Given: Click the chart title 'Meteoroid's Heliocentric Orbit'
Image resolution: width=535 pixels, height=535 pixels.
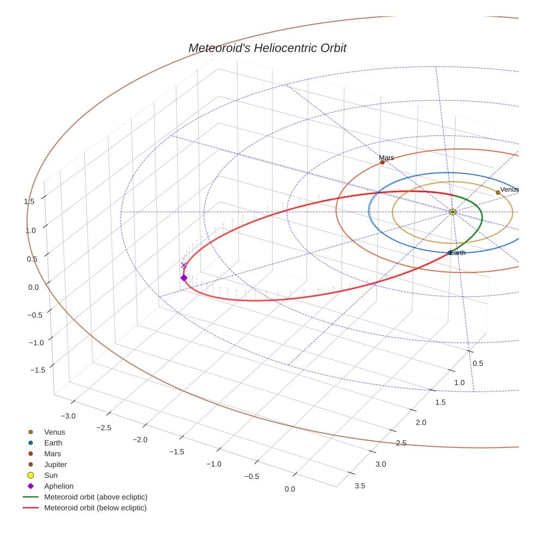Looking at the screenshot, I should click(x=267, y=48).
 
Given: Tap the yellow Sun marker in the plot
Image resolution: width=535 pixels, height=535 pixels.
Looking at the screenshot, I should click(x=452, y=211).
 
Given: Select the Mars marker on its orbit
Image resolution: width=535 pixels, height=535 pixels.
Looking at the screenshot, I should click(x=382, y=162).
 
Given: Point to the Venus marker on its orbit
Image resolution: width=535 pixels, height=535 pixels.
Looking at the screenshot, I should click(x=497, y=192).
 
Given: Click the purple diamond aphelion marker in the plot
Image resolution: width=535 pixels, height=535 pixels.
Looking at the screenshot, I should click(x=184, y=278).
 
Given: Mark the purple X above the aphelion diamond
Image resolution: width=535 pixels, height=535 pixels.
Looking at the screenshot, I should click(x=184, y=265).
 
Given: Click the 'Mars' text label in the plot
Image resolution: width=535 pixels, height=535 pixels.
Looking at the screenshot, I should click(x=387, y=158).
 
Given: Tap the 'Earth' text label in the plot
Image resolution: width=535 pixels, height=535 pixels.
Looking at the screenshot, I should click(x=458, y=253).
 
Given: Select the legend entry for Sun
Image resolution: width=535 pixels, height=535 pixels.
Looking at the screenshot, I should click(x=51, y=475).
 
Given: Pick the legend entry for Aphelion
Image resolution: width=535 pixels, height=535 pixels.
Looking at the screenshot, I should click(x=59, y=486).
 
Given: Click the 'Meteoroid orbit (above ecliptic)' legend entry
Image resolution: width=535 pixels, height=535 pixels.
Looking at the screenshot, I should click(x=96, y=497).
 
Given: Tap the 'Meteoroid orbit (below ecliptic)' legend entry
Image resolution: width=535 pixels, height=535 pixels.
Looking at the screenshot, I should click(x=96, y=508).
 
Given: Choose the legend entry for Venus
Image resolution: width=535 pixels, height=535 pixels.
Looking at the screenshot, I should click(x=54, y=432).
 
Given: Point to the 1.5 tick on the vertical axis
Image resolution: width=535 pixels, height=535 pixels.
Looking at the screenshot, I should click(x=29, y=201).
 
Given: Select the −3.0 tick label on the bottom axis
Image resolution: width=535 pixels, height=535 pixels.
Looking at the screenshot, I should click(x=68, y=416).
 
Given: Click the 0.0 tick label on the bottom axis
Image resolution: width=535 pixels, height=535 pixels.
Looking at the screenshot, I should click(x=290, y=489).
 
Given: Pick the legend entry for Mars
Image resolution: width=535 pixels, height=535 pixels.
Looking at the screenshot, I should click(x=52, y=453).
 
